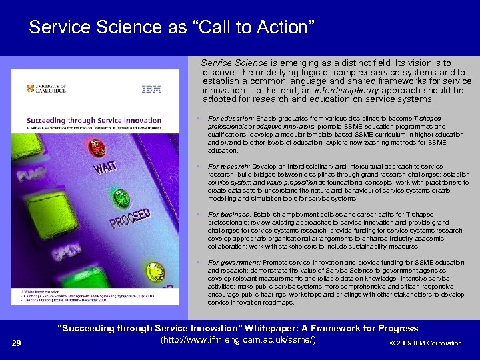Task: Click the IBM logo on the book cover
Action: click(x=151, y=89)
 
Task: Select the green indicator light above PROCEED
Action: click(x=121, y=197)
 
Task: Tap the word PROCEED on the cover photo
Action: click(x=131, y=218)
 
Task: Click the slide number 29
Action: click(x=17, y=343)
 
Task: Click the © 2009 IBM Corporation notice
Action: click(x=424, y=343)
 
